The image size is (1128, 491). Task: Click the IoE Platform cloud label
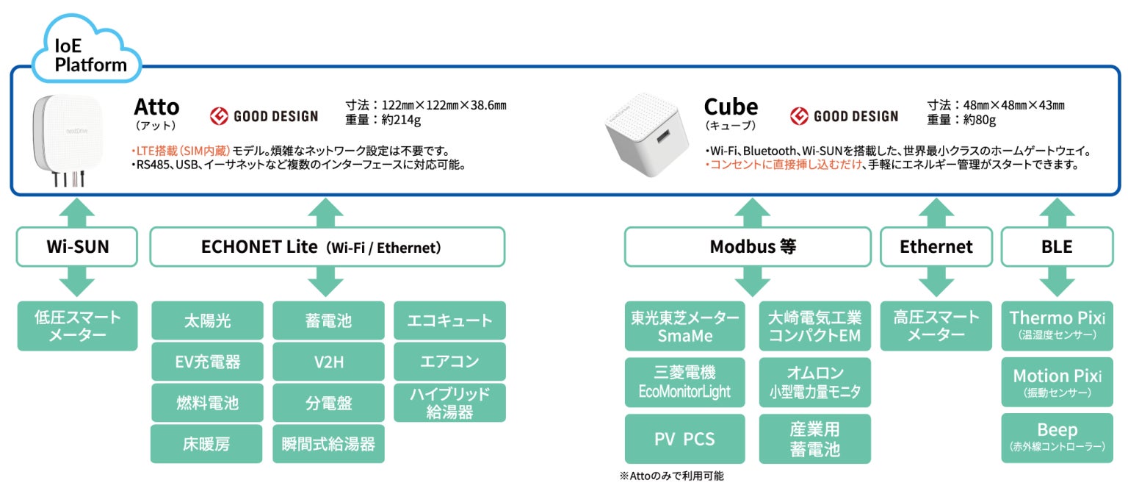(x=90, y=56)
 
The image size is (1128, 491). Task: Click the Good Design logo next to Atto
(x=264, y=116)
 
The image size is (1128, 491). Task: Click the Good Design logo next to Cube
(x=844, y=116)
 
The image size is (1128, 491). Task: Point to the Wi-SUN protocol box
(x=77, y=246)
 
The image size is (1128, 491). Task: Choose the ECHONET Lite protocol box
(x=327, y=247)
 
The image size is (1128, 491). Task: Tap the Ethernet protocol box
(x=936, y=247)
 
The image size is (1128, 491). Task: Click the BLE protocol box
(x=1057, y=247)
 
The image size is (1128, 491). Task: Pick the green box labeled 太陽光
(x=207, y=320)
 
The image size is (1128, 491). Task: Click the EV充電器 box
(x=207, y=362)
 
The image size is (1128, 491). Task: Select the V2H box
(x=328, y=362)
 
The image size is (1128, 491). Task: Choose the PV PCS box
(x=684, y=439)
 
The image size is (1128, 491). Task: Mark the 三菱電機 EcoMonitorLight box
(x=684, y=382)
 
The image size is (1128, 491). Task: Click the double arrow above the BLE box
(x=1057, y=212)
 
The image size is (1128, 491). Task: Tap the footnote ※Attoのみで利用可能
(x=671, y=476)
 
